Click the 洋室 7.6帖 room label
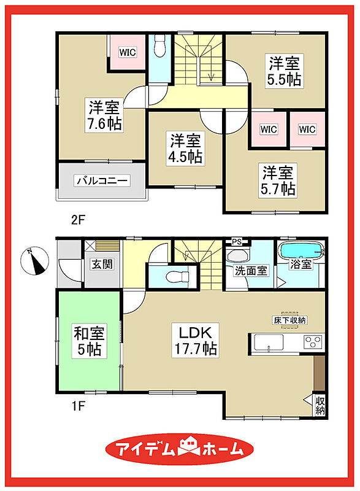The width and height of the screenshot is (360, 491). (x=104, y=115)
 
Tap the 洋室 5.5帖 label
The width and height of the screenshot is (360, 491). (x=285, y=71)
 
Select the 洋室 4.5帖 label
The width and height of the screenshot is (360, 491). (x=185, y=149)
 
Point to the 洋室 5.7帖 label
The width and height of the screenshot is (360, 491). (x=278, y=180)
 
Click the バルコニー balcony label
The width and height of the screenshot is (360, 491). (x=102, y=180)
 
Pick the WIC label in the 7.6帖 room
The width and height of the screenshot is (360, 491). (x=128, y=52)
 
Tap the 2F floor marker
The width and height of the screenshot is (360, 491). (x=78, y=220)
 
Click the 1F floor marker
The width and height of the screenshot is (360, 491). (x=78, y=406)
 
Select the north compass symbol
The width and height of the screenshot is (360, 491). (x=35, y=260)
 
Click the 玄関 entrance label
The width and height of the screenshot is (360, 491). (x=102, y=264)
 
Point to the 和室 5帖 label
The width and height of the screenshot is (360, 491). (x=89, y=341)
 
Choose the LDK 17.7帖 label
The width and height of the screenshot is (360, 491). (x=196, y=341)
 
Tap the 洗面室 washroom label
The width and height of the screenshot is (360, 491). (x=251, y=271)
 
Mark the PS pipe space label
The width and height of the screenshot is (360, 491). (x=237, y=242)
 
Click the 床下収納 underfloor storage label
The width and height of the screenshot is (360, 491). (x=289, y=320)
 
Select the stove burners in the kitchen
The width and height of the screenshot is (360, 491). (x=313, y=342)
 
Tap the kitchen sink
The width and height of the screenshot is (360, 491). (x=269, y=343)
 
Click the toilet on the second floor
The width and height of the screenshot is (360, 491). (x=160, y=45)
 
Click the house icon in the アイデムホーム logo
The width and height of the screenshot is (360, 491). (x=189, y=446)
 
